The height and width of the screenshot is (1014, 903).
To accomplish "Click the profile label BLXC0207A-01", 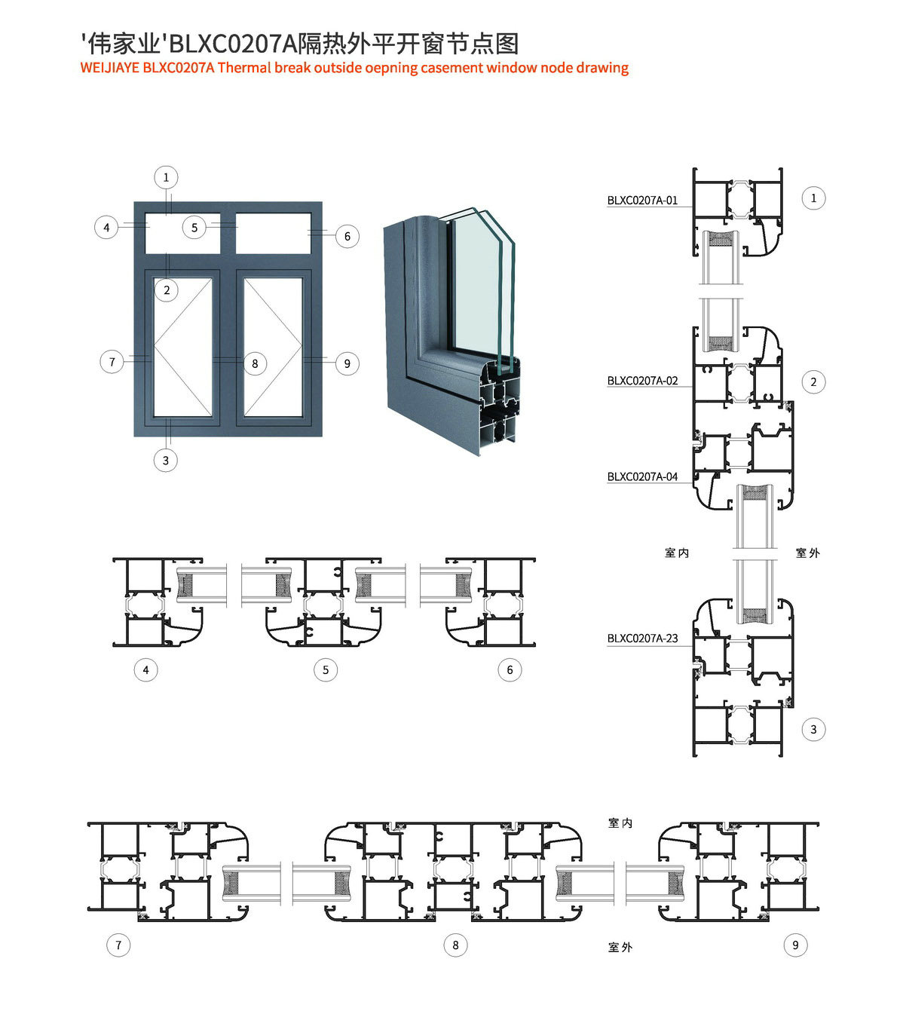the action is click(642, 201).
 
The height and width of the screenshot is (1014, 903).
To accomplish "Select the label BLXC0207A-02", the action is click(642, 381).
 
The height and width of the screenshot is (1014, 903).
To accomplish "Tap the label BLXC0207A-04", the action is click(642, 477).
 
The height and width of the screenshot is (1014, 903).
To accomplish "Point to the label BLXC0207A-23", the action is click(642, 639).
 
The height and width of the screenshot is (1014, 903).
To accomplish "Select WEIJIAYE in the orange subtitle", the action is click(109, 68).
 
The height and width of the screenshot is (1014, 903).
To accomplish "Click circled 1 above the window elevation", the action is click(166, 177).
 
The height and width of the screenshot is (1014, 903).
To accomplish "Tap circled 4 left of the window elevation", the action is click(106, 228).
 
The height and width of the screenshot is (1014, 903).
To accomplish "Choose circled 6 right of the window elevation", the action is click(347, 236).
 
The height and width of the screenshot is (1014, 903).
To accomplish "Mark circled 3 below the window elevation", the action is click(166, 461).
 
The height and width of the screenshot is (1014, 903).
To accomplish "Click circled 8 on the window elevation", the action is click(255, 363).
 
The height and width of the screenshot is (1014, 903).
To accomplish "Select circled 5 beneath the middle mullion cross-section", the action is click(326, 670).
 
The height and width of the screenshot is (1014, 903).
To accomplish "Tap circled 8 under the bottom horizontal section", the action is click(455, 945).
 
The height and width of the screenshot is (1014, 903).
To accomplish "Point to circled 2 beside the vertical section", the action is click(813, 382).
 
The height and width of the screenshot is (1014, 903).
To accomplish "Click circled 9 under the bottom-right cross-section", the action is click(795, 945).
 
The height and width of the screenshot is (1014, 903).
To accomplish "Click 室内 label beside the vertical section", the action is click(677, 553).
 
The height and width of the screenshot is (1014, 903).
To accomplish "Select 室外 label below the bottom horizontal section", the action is click(620, 948).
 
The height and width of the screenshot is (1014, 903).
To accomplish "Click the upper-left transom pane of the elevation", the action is click(182, 233).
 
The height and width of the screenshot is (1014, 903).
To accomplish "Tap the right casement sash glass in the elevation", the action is click(274, 347).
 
